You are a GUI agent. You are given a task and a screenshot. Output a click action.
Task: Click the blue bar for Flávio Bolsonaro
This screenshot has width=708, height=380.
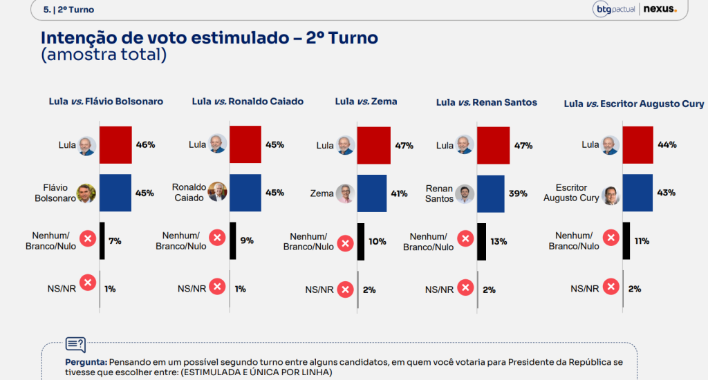tap(115, 193)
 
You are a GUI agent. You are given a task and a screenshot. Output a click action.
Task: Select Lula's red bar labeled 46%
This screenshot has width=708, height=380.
tap(115, 145)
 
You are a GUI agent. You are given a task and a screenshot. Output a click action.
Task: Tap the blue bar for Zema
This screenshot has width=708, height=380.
tap(371, 193)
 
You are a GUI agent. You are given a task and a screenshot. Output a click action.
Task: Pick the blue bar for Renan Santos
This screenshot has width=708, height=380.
tap(490, 193)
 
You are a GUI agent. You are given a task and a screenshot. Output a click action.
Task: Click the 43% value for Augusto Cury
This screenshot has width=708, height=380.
tap(666, 193)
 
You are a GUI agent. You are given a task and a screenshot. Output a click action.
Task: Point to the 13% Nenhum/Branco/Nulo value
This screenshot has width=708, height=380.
tap(499, 241)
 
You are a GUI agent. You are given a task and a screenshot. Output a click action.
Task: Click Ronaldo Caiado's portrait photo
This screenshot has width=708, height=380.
tap(217, 192)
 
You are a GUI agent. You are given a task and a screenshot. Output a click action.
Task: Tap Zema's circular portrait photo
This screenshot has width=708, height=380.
tap(346, 193)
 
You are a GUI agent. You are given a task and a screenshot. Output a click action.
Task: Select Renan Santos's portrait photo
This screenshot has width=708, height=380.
tap(465, 194)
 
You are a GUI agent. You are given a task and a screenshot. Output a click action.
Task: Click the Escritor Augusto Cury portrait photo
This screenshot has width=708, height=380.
tap(611, 196)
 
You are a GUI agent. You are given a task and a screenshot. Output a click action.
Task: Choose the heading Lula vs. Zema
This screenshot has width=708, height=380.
tap(366, 102)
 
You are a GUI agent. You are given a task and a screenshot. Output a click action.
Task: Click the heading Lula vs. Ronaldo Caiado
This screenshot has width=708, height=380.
tap(248, 102)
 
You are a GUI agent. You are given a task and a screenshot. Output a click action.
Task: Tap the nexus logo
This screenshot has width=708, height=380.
tap(660, 9)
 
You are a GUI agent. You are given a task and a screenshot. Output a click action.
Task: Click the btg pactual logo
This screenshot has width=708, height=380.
tap(615, 10)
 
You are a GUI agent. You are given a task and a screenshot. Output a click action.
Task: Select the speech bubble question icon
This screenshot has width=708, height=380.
tap(75, 345)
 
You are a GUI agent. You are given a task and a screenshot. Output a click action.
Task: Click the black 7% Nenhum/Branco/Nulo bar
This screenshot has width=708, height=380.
tap(102, 241)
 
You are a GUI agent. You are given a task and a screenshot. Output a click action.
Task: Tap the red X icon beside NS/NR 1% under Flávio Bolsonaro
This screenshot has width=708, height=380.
tap(88, 283)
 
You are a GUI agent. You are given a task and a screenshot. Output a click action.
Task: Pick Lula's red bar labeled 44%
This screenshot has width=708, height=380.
tap(637, 145)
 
